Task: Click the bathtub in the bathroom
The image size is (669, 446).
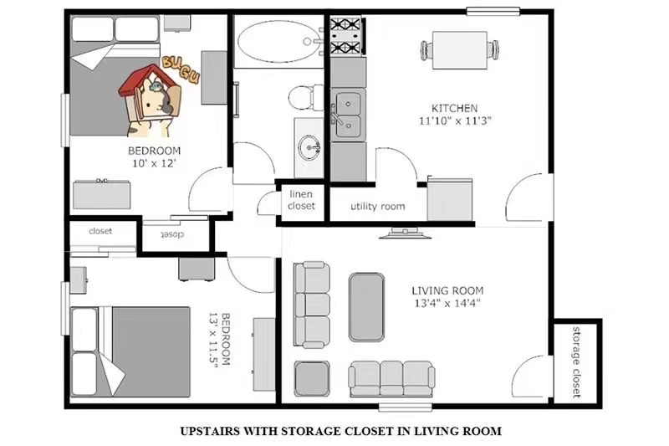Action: coord(278,41)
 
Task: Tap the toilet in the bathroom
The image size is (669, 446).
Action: coord(306,98)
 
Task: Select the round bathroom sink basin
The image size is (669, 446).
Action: coord(309,147)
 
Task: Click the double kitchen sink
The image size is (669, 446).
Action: coord(348,115)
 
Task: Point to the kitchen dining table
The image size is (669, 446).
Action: coord(459,49)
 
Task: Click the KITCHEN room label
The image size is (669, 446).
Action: coord(454,108)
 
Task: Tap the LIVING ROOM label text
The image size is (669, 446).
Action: coord(447,290)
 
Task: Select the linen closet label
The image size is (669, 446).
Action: coord(301,200)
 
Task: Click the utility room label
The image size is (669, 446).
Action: coord(378,207)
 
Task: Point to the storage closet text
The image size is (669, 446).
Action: coord(576,362)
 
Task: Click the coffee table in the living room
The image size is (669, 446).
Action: coord(366,307)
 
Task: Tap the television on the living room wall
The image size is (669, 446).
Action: coord(404,233)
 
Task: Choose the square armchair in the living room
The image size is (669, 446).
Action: coord(311,378)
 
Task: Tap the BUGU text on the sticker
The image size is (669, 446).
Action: coord(181,69)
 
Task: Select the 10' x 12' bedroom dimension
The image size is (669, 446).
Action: coord(154,163)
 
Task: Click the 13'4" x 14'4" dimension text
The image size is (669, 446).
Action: coord(447,304)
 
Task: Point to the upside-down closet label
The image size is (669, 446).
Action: coord(172,235)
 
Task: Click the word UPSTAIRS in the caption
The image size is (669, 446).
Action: coord(210,431)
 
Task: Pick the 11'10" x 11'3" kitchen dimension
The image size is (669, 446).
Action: coord(455,120)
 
